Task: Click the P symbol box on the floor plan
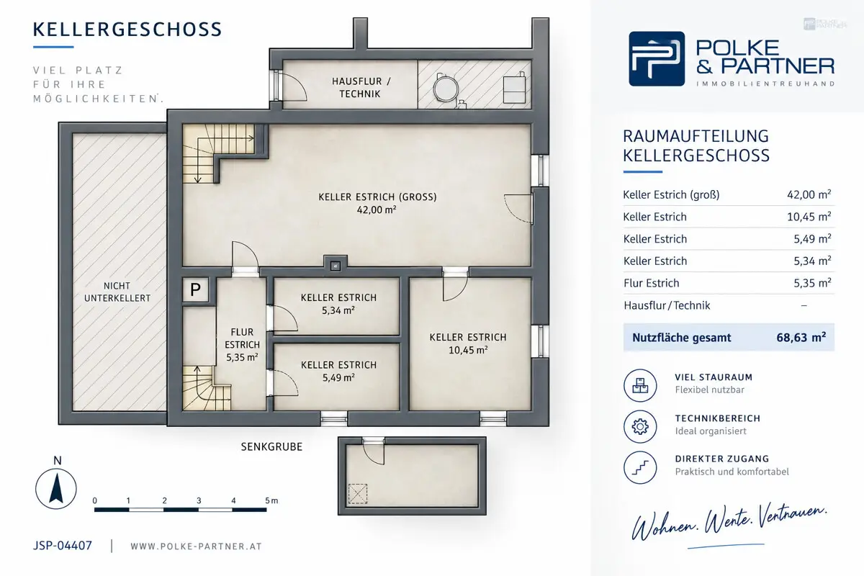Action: click(x=196, y=289)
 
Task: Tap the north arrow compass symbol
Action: click(x=56, y=489)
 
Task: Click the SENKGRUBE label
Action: click(x=271, y=446)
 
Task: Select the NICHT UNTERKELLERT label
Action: click(x=117, y=292)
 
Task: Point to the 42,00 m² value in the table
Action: click(x=809, y=194)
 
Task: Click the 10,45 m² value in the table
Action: click(x=809, y=217)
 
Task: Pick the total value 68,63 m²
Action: click(x=801, y=338)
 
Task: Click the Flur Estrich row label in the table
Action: click(x=651, y=283)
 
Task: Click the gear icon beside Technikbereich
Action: click(x=640, y=426)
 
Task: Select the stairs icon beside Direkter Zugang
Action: click(x=640, y=467)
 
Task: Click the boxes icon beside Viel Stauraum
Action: click(x=640, y=385)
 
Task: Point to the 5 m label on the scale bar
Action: click(x=271, y=501)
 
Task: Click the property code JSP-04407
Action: click(x=63, y=546)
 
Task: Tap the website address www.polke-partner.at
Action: click(x=197, y=546)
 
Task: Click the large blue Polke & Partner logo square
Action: click(x=657, y=58)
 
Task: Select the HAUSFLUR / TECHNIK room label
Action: click(x=361, y=88)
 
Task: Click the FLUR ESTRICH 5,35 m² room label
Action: click(x=242, y=344)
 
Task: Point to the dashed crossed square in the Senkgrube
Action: click(x=358, y=494)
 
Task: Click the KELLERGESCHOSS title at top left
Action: click(x=127, y=30)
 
